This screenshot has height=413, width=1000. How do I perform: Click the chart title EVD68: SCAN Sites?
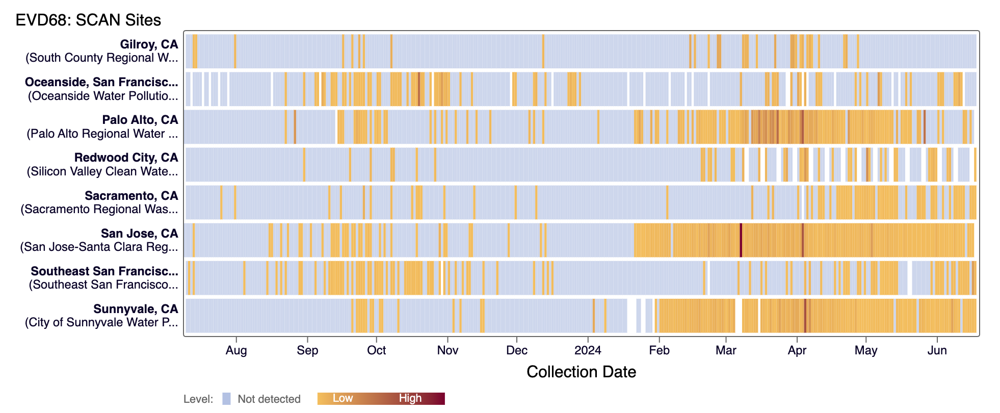(88, 20)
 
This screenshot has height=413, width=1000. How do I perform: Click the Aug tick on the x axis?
(236, 350)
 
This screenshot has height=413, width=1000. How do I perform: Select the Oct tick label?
(377, 350)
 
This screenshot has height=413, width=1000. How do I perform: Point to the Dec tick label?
(517, 350)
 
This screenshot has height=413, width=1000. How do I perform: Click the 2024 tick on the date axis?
(588, 350)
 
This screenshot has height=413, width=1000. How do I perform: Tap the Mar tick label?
(726, 350)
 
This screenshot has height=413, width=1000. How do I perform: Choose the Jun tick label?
(937, 350)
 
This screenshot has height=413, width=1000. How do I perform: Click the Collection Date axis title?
(581, 372)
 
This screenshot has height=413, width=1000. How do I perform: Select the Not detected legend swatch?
(226, 399)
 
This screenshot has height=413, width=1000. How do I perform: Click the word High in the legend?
(410, 398)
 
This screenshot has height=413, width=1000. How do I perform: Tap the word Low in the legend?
(343, 398)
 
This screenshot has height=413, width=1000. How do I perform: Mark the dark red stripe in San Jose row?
(741, 240)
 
